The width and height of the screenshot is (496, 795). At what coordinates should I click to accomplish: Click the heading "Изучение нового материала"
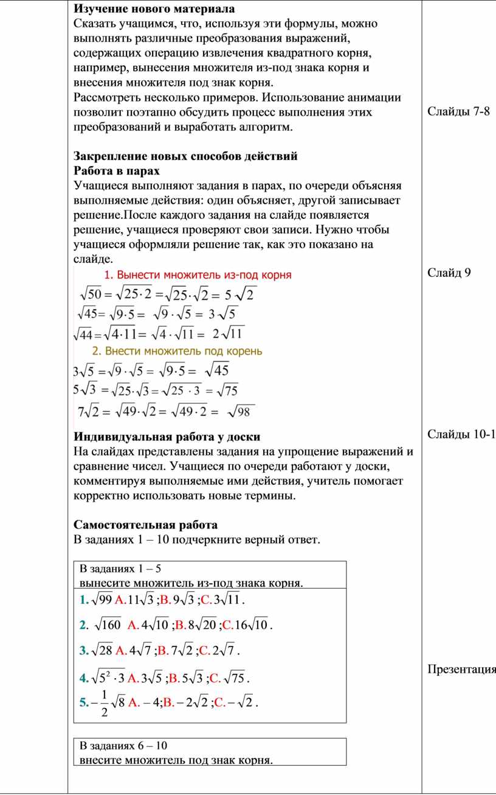tap(154, 9)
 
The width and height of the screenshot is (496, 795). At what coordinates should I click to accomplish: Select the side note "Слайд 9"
tap(449, 272)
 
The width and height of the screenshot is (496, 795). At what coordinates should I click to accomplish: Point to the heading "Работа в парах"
tap(117, 170)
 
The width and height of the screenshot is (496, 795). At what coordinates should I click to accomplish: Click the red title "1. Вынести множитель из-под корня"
tap(198, 274)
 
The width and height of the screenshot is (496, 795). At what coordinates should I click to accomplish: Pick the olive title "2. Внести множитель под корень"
tap(177, 351)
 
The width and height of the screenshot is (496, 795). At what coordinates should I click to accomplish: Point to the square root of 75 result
tap(227, 390)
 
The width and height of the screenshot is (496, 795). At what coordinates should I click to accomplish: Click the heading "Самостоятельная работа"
tap(145, 524)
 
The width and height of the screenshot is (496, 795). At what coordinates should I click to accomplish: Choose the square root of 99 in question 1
tap(100, 601)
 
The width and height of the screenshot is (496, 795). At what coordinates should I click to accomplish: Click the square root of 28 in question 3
tap(101, 651)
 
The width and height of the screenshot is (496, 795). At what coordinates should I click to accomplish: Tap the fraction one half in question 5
tap(105, 703)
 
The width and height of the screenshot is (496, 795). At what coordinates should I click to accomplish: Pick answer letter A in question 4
tap(133, 677)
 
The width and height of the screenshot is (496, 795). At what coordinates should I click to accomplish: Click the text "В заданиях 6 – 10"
tap(123, 746)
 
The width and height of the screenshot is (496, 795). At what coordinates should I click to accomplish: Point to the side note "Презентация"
tap(461, 670)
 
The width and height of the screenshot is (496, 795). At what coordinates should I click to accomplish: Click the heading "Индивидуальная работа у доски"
tap(167, 437)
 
